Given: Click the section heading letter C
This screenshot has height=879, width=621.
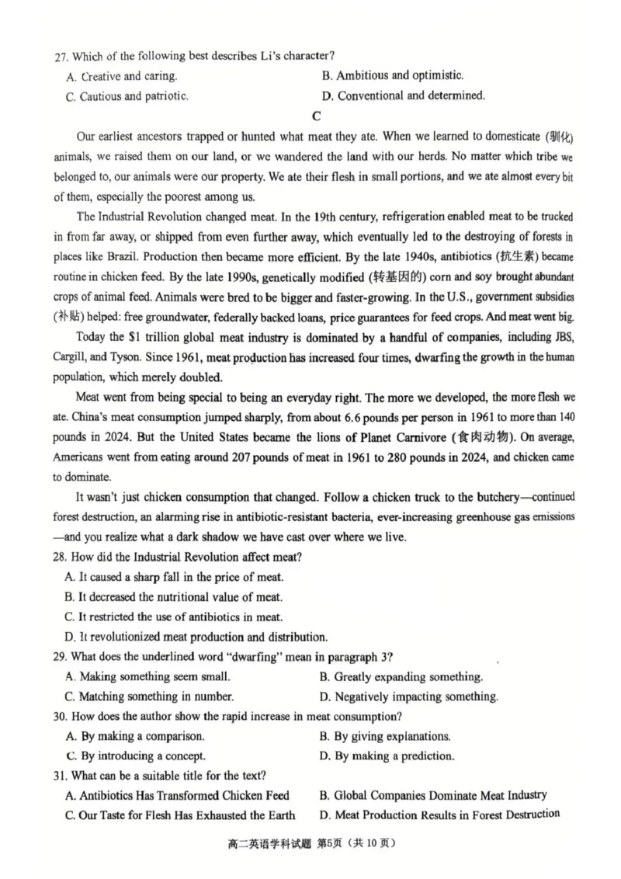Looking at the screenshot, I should [x=315, y=117].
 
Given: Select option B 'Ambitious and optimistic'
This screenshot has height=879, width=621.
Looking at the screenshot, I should [x=392, y=75].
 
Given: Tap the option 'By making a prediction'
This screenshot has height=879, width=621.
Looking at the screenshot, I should [x=387, y=756].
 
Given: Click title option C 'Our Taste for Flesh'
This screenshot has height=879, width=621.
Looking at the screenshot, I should [x=180, y=815].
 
